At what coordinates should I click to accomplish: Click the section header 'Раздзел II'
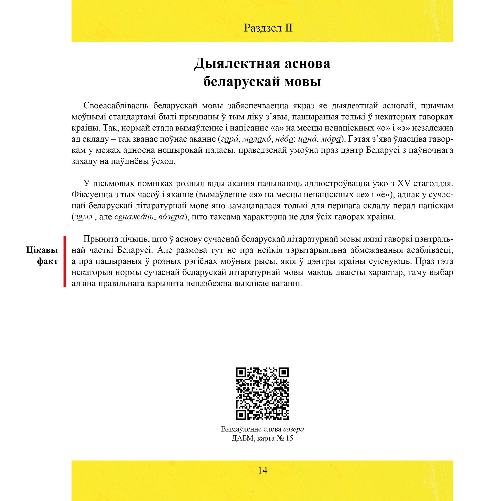[x=268, y=28]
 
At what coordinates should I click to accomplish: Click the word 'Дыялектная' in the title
[x=237, y=64]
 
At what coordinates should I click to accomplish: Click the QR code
[x=262, y=394]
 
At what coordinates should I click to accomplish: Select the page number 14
[x=262, y=477]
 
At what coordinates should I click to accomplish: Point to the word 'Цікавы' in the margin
[x=42, y=250]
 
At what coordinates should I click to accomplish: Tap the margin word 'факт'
[x=47, y=261]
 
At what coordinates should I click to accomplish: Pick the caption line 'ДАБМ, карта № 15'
[x=262, y=438]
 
